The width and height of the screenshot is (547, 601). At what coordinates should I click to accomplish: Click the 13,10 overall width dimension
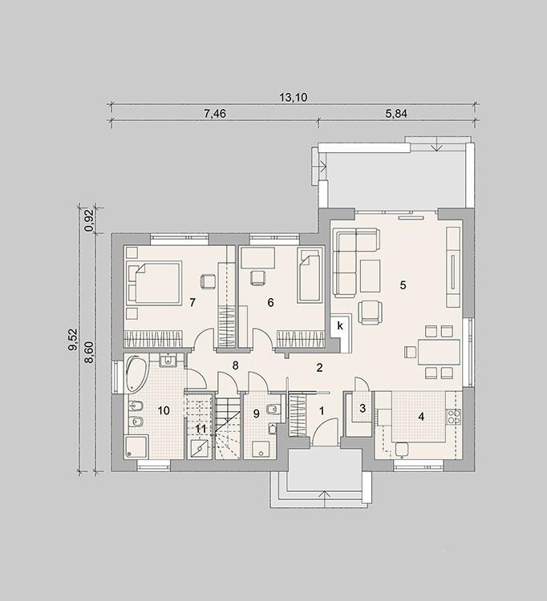tap(293, 97)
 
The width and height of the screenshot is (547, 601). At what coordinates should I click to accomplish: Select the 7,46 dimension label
tap(215, 114)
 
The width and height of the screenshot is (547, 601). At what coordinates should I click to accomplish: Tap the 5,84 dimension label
tap(396, 114)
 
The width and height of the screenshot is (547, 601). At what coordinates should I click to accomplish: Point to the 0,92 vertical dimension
tap(90, 221)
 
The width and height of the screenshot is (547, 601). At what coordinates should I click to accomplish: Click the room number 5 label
tap(403, 285)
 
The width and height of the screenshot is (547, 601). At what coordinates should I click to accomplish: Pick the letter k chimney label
tap(340, 326)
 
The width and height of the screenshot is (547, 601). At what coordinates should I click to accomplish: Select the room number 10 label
tap(164, 410)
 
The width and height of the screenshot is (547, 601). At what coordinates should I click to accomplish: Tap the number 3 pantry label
tap(363, 409)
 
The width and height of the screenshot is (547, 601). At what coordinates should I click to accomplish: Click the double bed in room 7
tap(154, 283)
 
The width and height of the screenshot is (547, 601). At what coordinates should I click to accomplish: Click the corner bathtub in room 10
tap(136, 374)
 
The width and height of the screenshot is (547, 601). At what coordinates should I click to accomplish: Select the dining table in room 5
tap(439, 352)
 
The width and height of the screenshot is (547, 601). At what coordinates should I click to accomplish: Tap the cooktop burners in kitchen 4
tap(453, 417)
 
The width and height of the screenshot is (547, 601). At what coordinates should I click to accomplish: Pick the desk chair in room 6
tap(257, 277)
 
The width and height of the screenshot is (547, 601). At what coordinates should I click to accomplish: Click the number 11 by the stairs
tap(201, 429)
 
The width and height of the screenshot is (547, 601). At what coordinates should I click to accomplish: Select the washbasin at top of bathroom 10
tap(168, 361)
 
